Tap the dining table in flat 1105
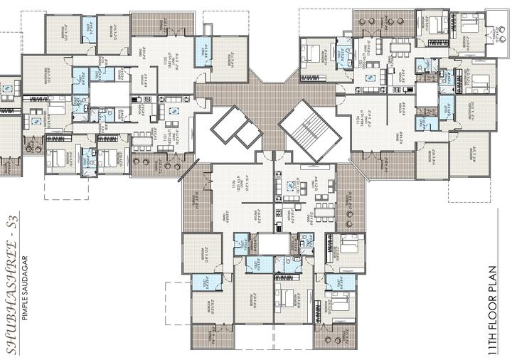coord(324,211)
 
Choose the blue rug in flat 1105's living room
coord(292,186)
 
